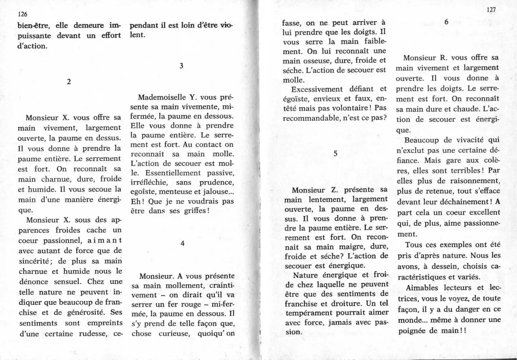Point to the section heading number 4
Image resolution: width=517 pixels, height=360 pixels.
click(x=183, y=243)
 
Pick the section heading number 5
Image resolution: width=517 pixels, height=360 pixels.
click(x=335, y=153)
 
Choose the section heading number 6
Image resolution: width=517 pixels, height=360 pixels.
click(x=446, y=23)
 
